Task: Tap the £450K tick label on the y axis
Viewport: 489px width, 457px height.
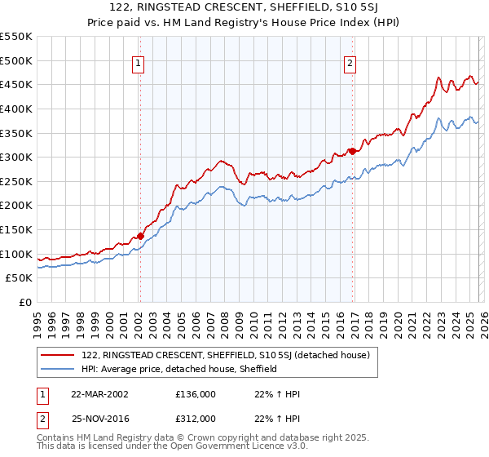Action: click(x=16, y=85)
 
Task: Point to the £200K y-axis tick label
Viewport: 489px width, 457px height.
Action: click(x=16, y=206)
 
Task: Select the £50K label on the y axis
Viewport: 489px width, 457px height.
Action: click(x=20, y=278)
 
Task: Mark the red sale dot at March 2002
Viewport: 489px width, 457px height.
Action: click(x=140, y=236)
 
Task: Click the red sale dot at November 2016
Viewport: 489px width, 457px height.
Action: click(x=351, y=150)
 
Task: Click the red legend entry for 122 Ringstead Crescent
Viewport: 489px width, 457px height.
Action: click(x=226, y=355)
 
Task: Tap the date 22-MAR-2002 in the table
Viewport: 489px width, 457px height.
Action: click(x=99, y=393)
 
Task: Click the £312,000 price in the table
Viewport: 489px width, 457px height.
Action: click(x=196, y=418)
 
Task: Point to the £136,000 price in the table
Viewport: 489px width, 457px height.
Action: click(x=196, y=393)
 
